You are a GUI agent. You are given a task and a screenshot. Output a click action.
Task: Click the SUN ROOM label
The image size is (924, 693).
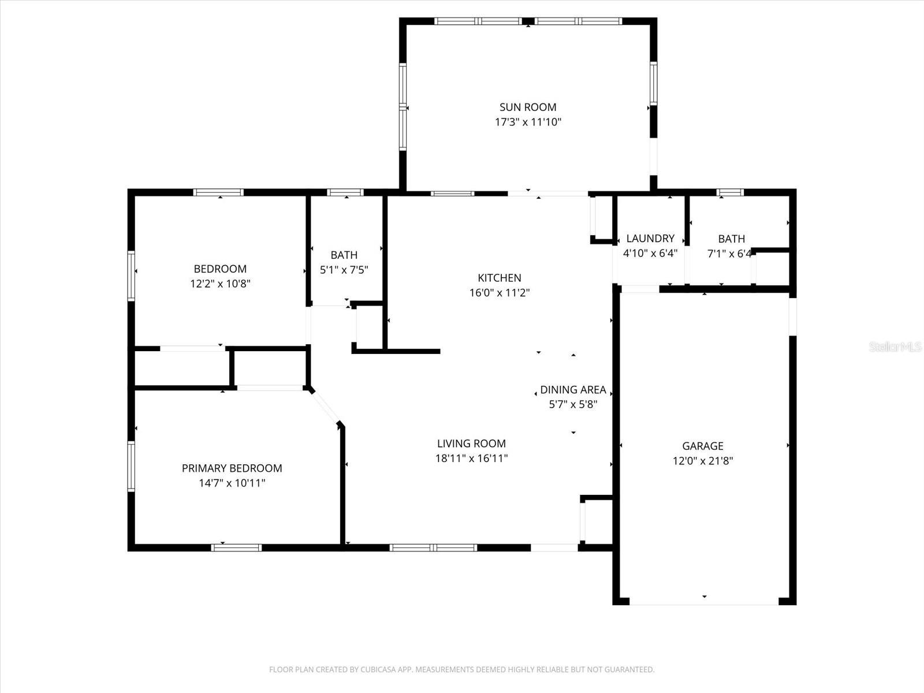pos(528,107)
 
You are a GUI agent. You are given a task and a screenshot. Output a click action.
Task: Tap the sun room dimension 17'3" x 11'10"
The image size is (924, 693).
pos(528,122)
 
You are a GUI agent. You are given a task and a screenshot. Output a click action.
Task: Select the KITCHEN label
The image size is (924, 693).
pos(500,278)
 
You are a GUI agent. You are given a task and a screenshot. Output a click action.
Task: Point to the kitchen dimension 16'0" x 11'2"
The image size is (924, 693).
pos(500,293)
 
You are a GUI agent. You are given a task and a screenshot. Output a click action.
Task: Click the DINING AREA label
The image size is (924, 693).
pos(573,390)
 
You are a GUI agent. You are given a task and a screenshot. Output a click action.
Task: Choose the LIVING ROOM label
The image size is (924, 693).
pos(471,444)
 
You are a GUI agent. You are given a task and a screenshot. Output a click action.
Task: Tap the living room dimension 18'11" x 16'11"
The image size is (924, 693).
pos(471,459)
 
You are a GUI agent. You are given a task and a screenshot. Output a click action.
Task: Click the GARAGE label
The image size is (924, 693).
pos(703,446)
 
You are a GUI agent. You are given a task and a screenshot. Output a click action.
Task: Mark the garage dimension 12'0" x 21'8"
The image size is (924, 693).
pos(703,461)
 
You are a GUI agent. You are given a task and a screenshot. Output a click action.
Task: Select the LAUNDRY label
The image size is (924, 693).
pos(650,239)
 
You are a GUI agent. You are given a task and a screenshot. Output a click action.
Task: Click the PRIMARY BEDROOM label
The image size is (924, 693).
pos(232,468)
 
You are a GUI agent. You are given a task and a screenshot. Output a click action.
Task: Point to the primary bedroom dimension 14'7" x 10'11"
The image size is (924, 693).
pos(232,483)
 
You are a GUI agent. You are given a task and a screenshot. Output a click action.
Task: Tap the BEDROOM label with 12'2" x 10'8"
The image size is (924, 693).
pos(220,269)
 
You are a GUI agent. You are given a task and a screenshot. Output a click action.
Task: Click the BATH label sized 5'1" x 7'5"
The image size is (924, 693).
pos(344,255)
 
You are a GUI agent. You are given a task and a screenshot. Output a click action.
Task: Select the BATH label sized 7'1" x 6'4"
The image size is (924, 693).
pos(731,239)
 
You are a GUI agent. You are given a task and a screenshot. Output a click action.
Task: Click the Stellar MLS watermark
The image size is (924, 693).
pos(895,346)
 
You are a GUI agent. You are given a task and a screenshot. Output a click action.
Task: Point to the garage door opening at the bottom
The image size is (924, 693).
pos(704,602)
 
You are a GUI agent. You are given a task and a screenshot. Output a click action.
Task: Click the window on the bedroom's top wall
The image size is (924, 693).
pos(218,192)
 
